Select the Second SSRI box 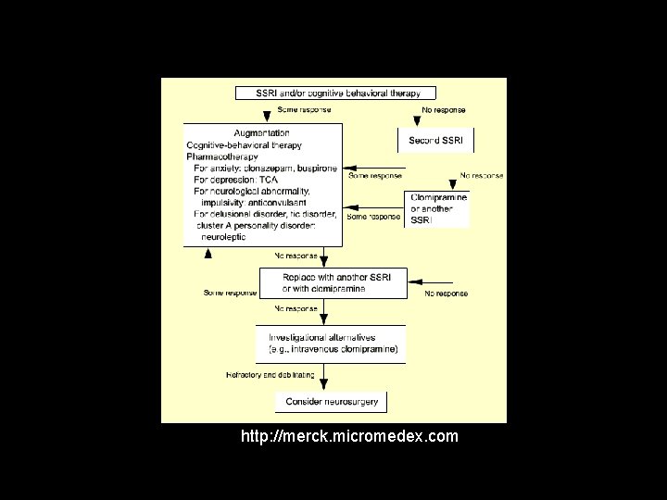tap(435, 141)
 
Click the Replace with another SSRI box tap(333, 282)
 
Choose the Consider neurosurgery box tap(331, 401)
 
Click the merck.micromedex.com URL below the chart tap(348, 436)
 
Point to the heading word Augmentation tap(262, 133)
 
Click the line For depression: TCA tap(237, 180)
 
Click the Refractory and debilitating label tap(270, 375)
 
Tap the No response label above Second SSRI tap(444, 110)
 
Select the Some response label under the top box tap(305, 110)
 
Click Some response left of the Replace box tap(231, 294)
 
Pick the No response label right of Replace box tap(446, 294)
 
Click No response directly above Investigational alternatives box tap(296, 308)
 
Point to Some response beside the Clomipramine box tap(373, 217)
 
